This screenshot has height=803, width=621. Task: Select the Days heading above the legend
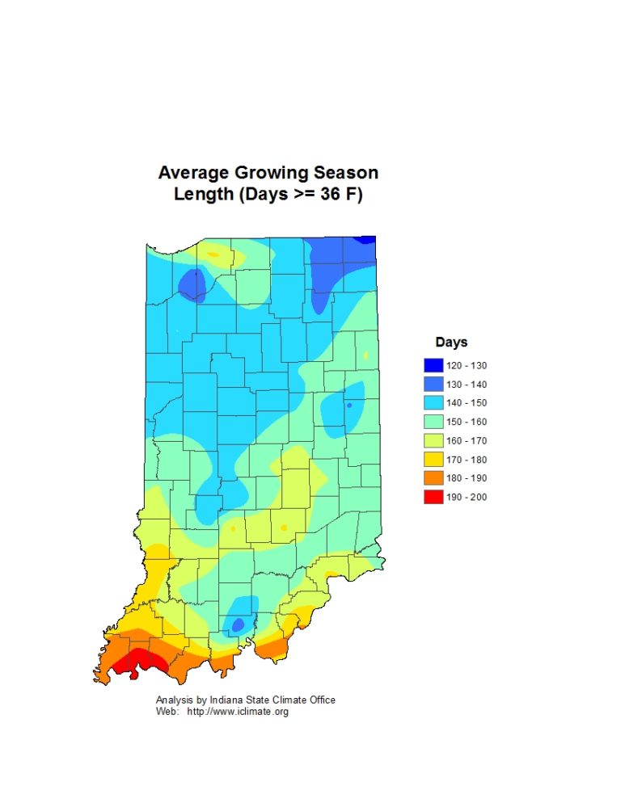[x=451, y=343]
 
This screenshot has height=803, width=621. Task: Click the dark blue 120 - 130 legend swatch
[x=433, y=365]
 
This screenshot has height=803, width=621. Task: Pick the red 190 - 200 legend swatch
[x=433, y=497]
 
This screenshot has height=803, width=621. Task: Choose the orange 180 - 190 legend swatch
[x=433, y=478]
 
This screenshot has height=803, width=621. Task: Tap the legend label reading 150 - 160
[x=467, y=422]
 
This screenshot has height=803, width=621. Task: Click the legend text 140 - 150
[x=467, y=403]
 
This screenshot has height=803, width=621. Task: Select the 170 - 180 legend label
[x=467, y=460]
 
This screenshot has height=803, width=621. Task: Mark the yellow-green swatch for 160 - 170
[x=433, y=440]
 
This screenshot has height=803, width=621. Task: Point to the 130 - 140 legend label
[x=467, y=385]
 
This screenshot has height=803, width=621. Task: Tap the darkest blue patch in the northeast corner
[x=368, y=239]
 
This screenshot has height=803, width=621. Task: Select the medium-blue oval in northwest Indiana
[x=192, y=284]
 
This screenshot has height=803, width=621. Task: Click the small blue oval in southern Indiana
[x=238, y=624]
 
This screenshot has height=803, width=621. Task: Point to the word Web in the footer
[x=165, y=712]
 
